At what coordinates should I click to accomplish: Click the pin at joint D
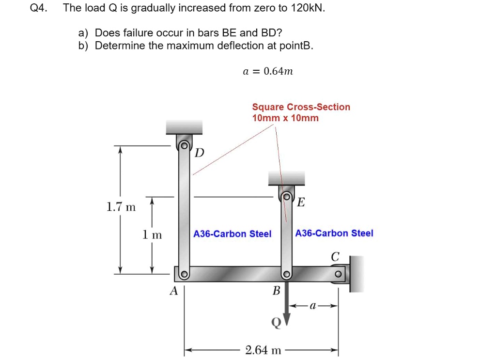[184, 146]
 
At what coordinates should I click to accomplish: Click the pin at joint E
[287, 196]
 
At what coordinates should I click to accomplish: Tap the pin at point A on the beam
[184, 274]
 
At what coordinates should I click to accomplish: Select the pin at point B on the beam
[286, 274]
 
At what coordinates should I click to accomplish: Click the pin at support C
[338, 273]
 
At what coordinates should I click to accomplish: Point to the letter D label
[199, 153]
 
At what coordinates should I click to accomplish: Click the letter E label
[301, 202]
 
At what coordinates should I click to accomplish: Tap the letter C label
[335, 256]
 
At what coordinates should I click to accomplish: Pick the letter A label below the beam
[174, 290]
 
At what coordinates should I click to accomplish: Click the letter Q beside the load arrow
[276, 323]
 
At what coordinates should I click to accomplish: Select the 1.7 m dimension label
[121, 207]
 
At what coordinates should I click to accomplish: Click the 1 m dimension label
[152, 235]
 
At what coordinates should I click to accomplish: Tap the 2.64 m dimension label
[263, 350]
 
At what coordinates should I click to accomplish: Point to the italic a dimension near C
[313, 306]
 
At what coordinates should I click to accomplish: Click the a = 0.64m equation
[268, 71]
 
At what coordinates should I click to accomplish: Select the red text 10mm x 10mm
[285, 118]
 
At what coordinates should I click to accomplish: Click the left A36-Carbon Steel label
[232, 234]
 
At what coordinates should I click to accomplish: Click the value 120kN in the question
[308, 8]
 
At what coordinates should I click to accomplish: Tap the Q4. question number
[39, 8]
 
